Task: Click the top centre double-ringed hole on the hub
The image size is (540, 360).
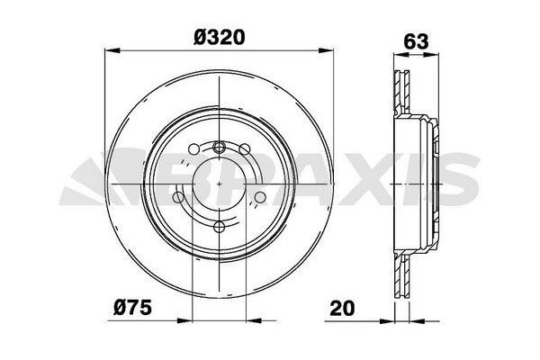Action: pyautogui.click(x=220, y=148)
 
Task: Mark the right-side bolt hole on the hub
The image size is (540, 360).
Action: pyautogui.click(x=260, y=198)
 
